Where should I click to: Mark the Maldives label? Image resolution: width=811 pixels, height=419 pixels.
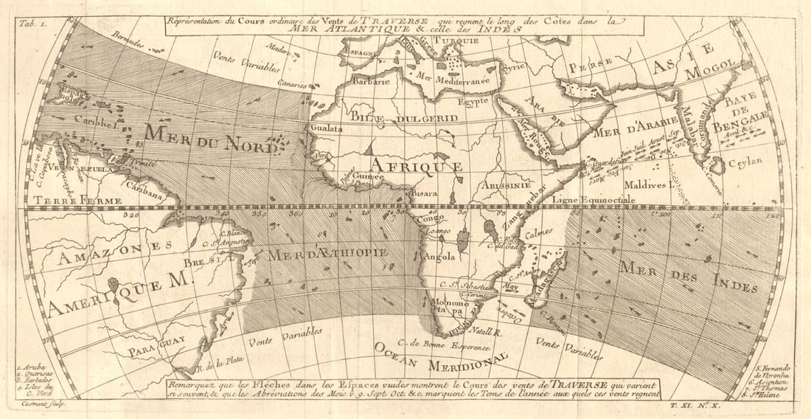pyautogui.click(x=644, y=185)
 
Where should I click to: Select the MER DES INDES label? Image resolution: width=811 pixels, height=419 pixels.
pyautogui.click(x=688, y=277)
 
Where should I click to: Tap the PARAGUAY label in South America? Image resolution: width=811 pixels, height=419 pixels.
pyautogui.click(x=156, y=349)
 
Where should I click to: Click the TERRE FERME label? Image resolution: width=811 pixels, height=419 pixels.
pyautogui.click(x=65, y=199)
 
